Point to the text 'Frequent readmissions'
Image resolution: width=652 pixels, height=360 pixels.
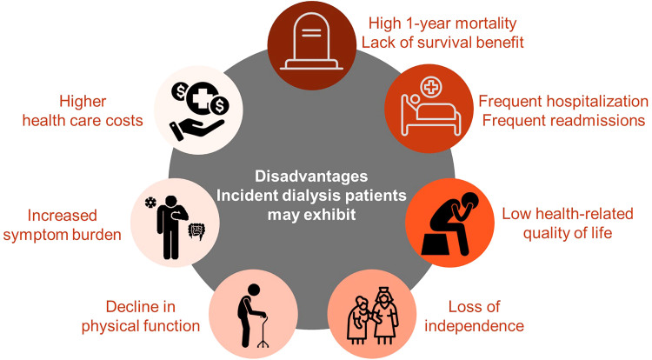coord(562,121)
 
